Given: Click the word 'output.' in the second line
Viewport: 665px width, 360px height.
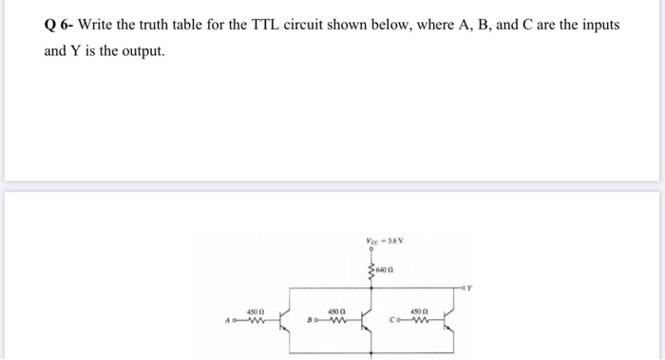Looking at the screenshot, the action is click(141, 50).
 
